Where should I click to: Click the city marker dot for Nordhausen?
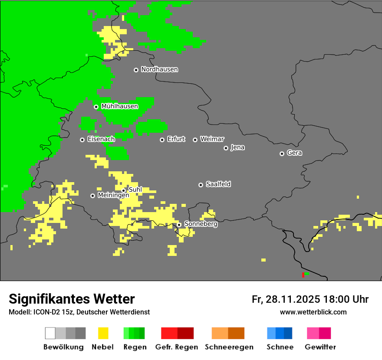tap(136, 70)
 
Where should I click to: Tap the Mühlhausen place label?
tap(119, 106)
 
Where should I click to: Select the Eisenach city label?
tap(101, 139)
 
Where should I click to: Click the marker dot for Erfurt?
tap(162, 140)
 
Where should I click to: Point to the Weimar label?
tap(212, 139)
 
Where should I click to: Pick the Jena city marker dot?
tap(226, 148)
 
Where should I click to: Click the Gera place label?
tap(294, 153)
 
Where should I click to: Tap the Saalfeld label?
tap(218, 184)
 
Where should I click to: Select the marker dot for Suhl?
tap(123, 190)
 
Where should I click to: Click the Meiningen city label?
tap(113, 196)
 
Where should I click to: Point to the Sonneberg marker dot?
tap(179, 225)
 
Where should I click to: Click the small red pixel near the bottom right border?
tap(303, 275)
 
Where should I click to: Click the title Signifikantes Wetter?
tap(72, 299)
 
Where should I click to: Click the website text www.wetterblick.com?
tap(313, 312)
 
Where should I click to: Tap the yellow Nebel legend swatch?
tap(103, 333)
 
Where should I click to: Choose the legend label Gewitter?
tap(320, 347)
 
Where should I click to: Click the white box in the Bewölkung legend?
tap(50, 333)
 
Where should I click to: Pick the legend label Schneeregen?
tap(229, 347)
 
